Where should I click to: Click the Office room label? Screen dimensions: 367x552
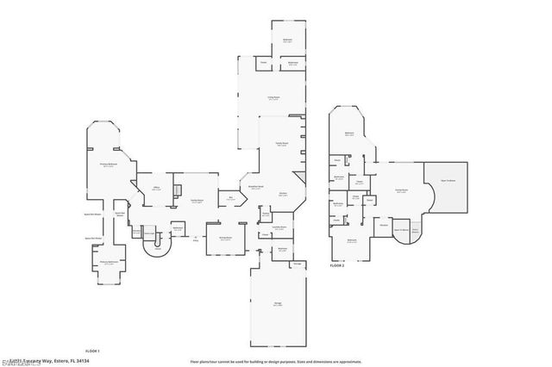pos(157,188)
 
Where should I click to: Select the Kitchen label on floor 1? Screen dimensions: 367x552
pos(282,193)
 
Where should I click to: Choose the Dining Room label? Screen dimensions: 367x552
pos(225,238)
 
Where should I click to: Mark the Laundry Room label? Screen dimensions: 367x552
pos(279,228)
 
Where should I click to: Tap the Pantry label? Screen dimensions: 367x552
pos(267,212)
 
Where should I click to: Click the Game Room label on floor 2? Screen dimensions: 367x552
pos(401,190)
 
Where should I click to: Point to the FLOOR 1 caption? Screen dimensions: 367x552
pos(92,351)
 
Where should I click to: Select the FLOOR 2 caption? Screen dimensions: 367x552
pos(337,267)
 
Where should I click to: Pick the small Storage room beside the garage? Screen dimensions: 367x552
pos(297,263)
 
